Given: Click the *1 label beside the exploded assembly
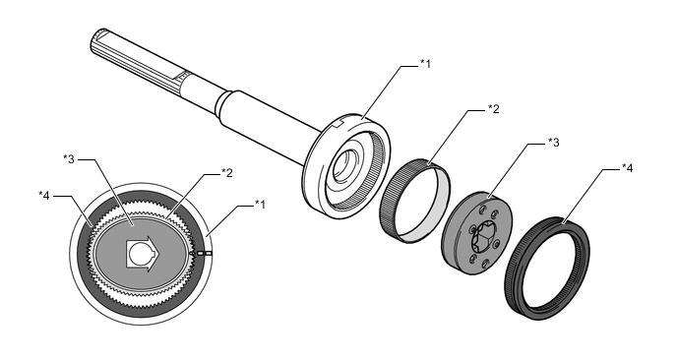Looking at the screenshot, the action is coord(426,64).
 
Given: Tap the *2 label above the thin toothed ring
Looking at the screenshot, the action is coord(494,109).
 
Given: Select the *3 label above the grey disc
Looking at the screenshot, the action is coord(554,142).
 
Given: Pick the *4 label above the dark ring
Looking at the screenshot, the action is coord(628,168).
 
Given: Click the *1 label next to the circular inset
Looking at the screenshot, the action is coord(260,204).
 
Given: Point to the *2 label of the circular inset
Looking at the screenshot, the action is coord(226,173).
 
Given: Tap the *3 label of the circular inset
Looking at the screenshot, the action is coord(69,159).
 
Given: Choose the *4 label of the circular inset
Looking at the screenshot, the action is coord(44,196).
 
